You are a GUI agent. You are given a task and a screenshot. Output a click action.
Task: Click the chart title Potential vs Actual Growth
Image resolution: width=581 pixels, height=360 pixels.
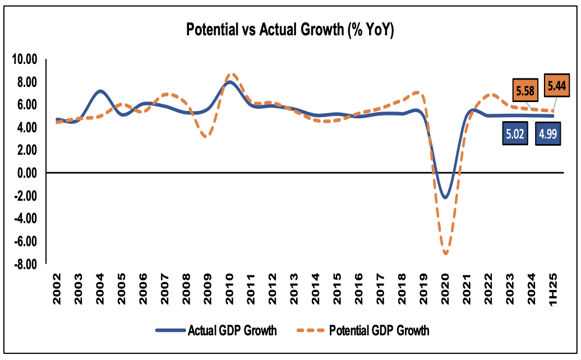click(x=290, y=31)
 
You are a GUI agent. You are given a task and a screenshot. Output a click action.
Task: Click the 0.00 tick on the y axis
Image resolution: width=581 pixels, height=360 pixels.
click(x=26, y=173)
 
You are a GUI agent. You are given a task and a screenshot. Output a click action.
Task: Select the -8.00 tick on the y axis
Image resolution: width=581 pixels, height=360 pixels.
click(x=25, y=264)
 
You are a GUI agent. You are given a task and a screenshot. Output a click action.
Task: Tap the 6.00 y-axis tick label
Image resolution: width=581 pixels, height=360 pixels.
click(x=26, y=105)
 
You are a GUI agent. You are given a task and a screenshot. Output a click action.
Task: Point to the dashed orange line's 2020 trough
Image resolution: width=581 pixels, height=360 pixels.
click(x=446, y=254)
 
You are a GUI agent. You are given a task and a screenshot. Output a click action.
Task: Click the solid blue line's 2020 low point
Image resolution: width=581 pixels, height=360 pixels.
click(x=445, y=197)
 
